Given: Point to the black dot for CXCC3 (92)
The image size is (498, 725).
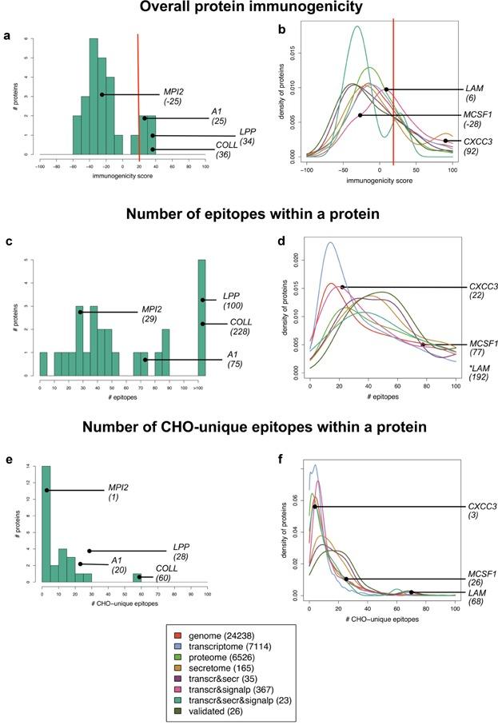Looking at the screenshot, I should pos(446,141).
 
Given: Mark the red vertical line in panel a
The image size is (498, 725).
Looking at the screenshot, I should pos(138,96).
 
